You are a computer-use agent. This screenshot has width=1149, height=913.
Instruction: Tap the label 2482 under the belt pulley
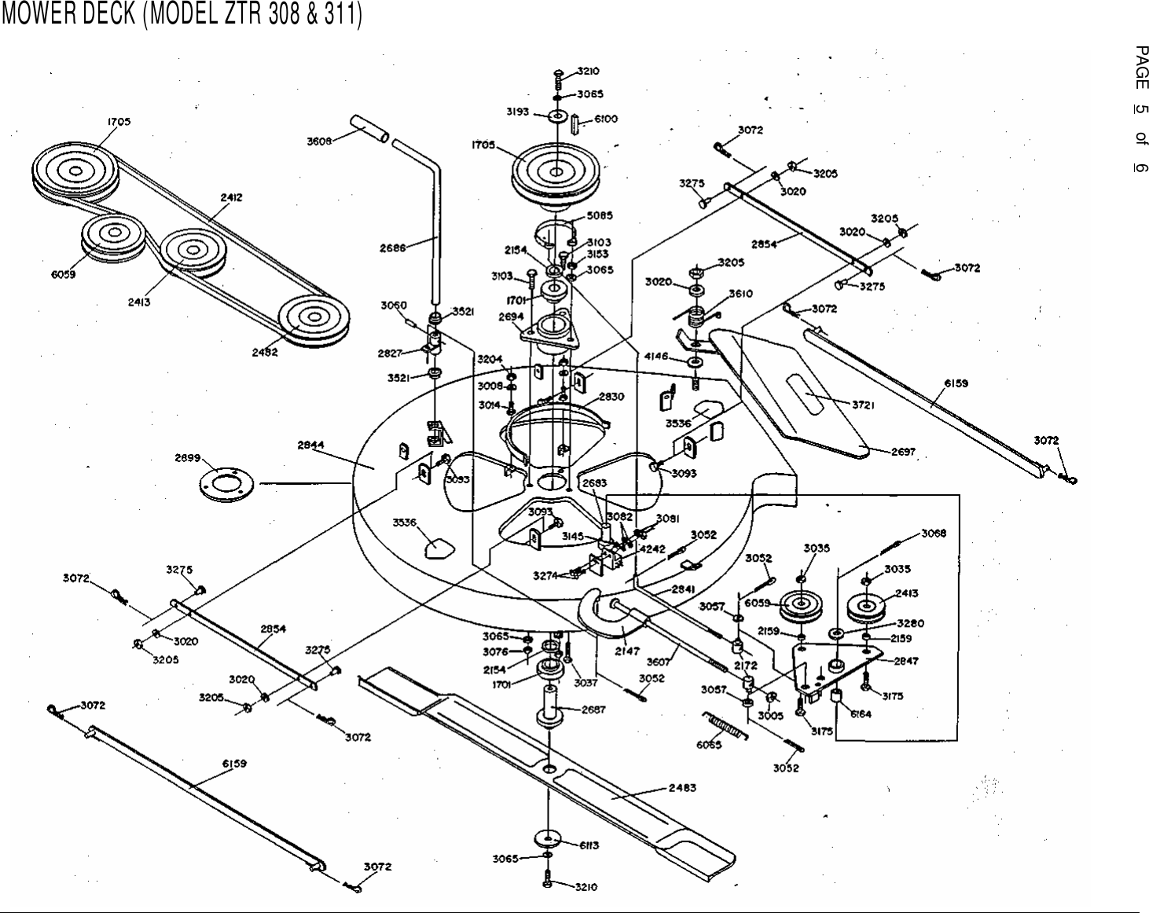pos(265,353)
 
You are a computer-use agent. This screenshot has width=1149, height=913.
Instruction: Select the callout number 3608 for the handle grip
pos(319,141)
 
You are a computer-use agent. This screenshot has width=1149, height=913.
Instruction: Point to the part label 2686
pos(393,247)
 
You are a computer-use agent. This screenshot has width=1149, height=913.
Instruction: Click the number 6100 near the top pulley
pos(605,119)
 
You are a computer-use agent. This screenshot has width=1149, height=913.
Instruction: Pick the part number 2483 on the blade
pos(681,787)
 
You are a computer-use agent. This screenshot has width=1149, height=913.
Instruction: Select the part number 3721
pos(864,405)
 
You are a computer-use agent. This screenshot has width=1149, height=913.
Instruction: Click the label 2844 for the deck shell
pos(311,445)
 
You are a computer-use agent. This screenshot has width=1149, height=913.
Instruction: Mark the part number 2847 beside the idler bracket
pos(905,661)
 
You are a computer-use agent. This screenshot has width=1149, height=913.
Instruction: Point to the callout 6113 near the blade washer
pos(589,845)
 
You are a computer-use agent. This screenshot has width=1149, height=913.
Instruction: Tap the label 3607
pos(657,661)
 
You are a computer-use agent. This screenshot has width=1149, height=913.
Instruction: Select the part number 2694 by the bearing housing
pos(511,317)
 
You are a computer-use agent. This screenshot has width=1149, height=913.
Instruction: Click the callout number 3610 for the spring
pos(740,293)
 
